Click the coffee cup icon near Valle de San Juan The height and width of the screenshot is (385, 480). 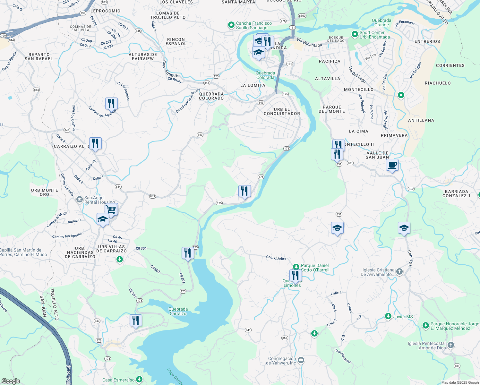coord(392,165)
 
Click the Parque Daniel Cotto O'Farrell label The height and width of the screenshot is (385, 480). coord(315,268)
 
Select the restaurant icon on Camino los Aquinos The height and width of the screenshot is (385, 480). coord(111,104)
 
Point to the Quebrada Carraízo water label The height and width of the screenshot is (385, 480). coord(178,311)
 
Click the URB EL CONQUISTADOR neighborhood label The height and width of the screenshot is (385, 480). coord(282,111)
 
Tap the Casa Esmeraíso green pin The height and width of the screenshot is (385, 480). coord(139,380)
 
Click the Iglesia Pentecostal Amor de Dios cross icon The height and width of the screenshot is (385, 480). coord(450,345)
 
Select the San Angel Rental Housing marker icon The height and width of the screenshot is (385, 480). coord(79,200)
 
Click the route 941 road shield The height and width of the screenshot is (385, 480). coord(248,330)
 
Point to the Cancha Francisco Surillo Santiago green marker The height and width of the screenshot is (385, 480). coord(231,25)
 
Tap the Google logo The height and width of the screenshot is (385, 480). coord(11,381)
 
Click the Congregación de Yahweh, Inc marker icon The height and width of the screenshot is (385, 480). coord(301,360)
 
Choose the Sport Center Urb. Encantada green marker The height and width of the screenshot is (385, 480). coord(355,34)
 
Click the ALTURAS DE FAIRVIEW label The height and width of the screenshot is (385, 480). coord(143,56)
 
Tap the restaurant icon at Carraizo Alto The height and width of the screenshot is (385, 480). coord(95,143)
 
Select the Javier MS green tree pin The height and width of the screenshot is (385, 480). coord(388,316)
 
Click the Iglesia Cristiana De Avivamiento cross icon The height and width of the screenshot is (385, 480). coord(399,272)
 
